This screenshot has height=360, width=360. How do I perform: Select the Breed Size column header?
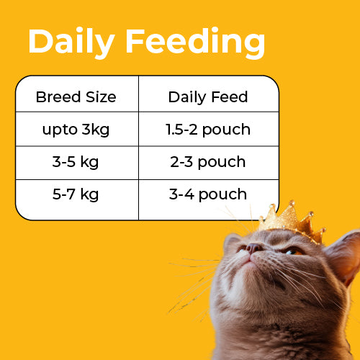pos(76,96)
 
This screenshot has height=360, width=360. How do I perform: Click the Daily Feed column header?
pos(207,96)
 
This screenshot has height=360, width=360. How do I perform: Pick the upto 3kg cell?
pos(76,130)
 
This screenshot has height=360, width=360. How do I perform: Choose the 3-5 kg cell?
pos(76,162)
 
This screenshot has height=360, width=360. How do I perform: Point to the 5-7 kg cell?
pos(76,194)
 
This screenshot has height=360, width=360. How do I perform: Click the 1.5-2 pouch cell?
pos(207,130)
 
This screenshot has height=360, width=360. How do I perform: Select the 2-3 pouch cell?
pos(207,162)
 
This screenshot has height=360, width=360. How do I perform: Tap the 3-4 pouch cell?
pos(207,194)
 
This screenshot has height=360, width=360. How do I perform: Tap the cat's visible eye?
pos(292,251)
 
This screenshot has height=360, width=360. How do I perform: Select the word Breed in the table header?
pos(55,96)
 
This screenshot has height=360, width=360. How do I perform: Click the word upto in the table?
pos(57,130)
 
